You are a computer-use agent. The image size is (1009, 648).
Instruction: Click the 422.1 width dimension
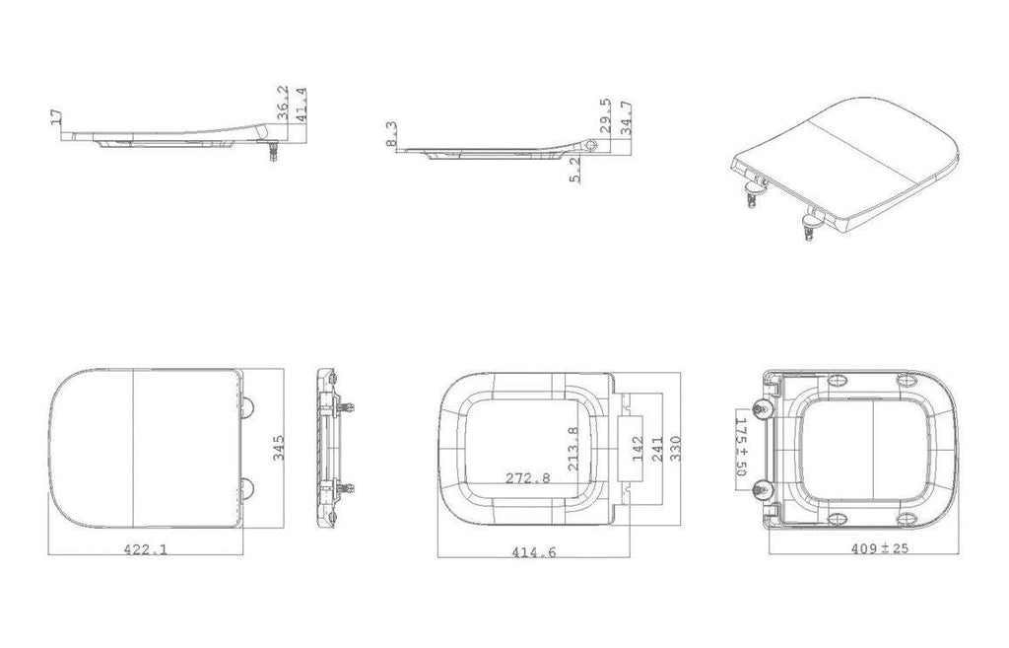[x=146, y=549]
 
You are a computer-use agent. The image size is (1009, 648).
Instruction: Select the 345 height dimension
[x=279, y=448]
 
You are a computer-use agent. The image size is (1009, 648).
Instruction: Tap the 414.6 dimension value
[x=533, y=552]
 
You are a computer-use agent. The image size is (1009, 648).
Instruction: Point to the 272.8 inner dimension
[x=528, y=478]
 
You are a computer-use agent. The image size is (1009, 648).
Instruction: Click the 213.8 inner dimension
[x=573, y=449]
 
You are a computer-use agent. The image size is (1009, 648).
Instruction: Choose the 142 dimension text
[x=638, y=449]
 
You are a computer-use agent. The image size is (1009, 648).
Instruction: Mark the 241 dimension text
[x=657, y=449]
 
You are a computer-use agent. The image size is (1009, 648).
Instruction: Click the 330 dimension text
[x=676, y=449]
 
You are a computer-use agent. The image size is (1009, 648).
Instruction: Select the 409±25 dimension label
[x=880, y=548]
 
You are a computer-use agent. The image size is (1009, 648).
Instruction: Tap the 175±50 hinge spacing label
[x=741, y=447]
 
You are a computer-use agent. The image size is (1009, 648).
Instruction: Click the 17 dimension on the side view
[x=56, y=116]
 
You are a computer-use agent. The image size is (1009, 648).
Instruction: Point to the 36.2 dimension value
[x=283, y=103]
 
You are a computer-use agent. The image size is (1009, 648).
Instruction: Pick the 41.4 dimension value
[x=302, y=105]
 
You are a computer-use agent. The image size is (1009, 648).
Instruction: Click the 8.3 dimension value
[x=392, y=134]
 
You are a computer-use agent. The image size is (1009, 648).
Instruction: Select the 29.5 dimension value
[x=605, y=116]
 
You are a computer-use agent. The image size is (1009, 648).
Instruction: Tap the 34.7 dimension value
[x=626, y=118]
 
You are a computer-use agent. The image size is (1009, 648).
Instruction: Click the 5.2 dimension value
[x=575, y=171]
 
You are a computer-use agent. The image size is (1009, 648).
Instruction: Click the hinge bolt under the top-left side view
[x=274, y=152]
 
